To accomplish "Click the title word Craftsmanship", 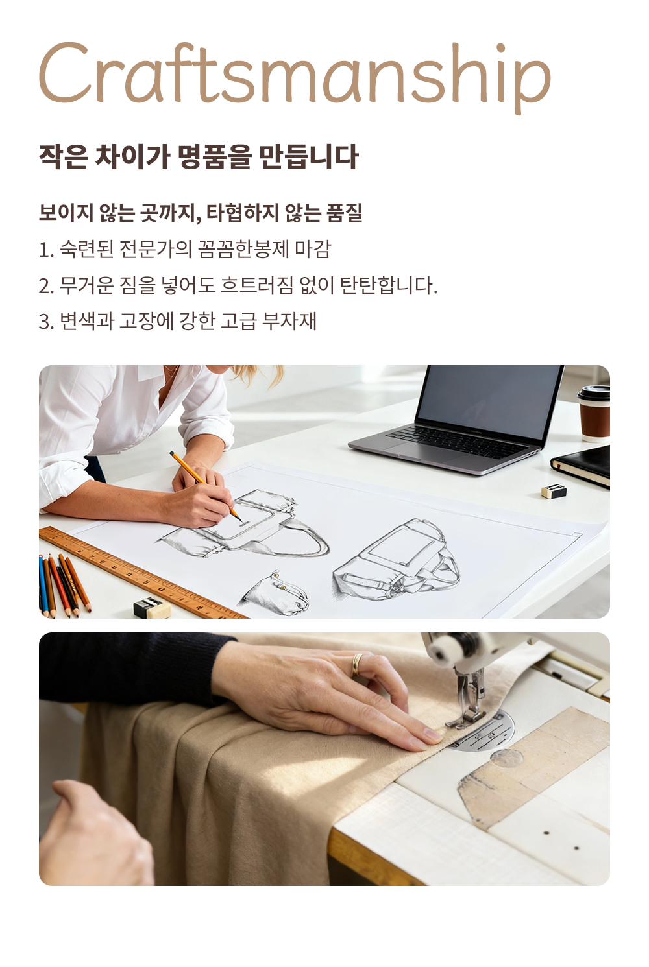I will [295, 75].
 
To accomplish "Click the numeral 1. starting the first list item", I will [46, 250].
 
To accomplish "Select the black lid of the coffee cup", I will [594, 392].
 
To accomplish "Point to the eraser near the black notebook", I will [554, 491].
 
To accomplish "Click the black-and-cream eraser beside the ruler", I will [152, 608].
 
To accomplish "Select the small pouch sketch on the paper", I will [276, 592].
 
